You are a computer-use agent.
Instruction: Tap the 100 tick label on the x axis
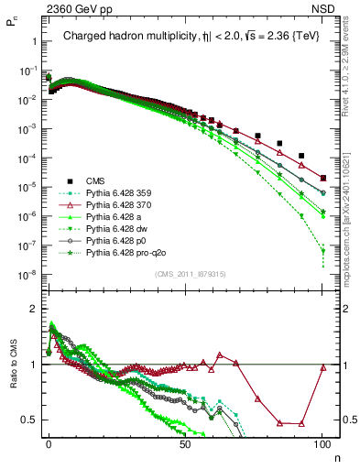coord(322,446)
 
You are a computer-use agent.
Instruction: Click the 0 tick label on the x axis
coord(49,446)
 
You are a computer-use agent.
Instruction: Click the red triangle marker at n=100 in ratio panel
coord(322,368)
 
